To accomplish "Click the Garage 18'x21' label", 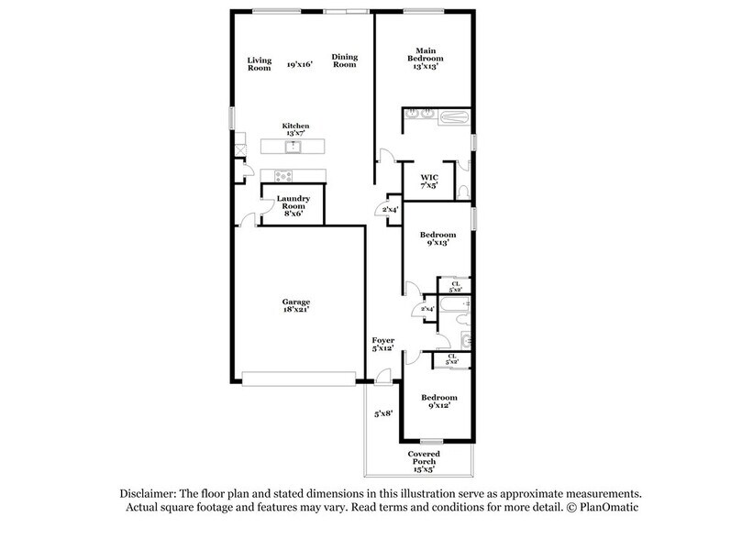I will tap(295, 306).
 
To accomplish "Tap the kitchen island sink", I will tap(295, 146).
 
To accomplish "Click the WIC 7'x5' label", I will tap(429, 181).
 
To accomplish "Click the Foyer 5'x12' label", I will tap(382, 345).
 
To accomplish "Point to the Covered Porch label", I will tap(424, 458).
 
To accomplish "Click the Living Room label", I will tap(260, 64).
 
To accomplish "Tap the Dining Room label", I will tap(344, 60).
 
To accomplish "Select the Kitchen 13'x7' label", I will tap(295, 129).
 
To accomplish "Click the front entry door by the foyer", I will tap(382, 376).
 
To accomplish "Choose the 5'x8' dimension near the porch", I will tap(383, 413).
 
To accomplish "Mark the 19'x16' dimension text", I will tap(300, 65).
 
